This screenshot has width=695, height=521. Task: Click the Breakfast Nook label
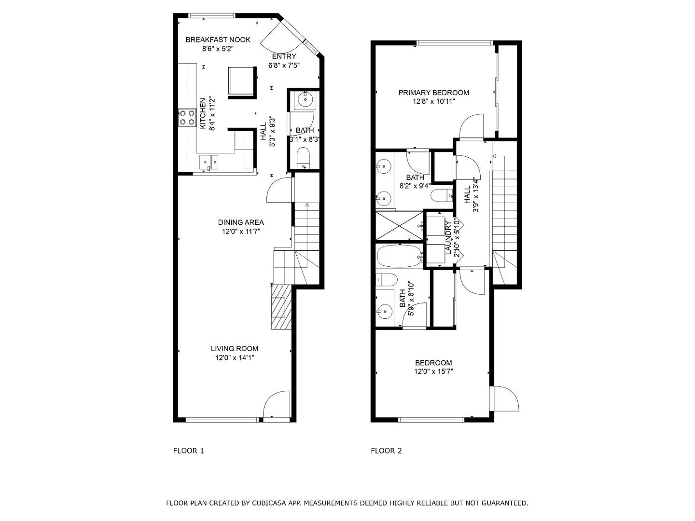point(218,40)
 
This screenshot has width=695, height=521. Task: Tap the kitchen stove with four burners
point(187,117)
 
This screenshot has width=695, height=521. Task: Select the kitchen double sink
point(208,162)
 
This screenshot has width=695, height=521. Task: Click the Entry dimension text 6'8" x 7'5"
point(284,66)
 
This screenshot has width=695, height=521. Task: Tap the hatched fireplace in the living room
point(281,307)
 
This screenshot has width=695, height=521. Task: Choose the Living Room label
point(234,349)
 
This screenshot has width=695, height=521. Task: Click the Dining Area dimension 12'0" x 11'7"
point(241,232)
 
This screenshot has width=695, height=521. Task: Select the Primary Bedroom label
point(433,93)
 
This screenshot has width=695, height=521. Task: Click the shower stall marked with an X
point(399,226)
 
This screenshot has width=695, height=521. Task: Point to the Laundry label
point(448,237)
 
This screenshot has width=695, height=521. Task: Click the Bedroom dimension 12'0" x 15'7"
point(433,371)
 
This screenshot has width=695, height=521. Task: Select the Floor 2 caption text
point(386,451)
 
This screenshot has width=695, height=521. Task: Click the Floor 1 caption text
point(188,451)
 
